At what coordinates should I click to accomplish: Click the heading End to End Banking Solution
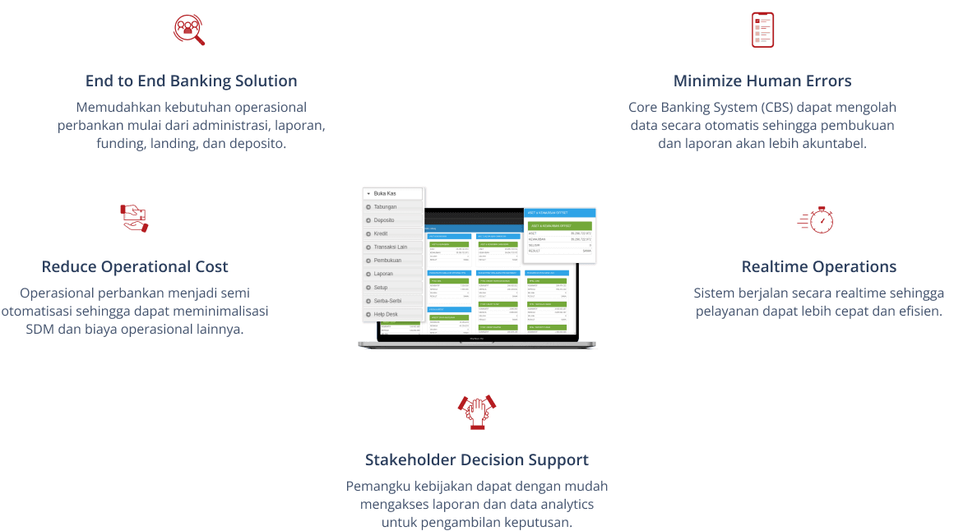191,81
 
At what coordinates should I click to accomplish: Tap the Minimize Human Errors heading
762,81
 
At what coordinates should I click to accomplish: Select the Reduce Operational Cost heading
135,267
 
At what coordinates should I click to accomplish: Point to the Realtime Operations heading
818,267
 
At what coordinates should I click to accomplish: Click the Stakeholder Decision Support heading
477,460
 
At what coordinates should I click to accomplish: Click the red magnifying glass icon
189,30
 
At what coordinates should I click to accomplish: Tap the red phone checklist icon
762,30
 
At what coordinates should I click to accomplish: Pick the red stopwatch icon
817,219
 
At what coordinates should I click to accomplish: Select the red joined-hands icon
477,410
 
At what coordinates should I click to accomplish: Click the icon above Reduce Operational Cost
134,219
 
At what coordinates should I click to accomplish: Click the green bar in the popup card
559,225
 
